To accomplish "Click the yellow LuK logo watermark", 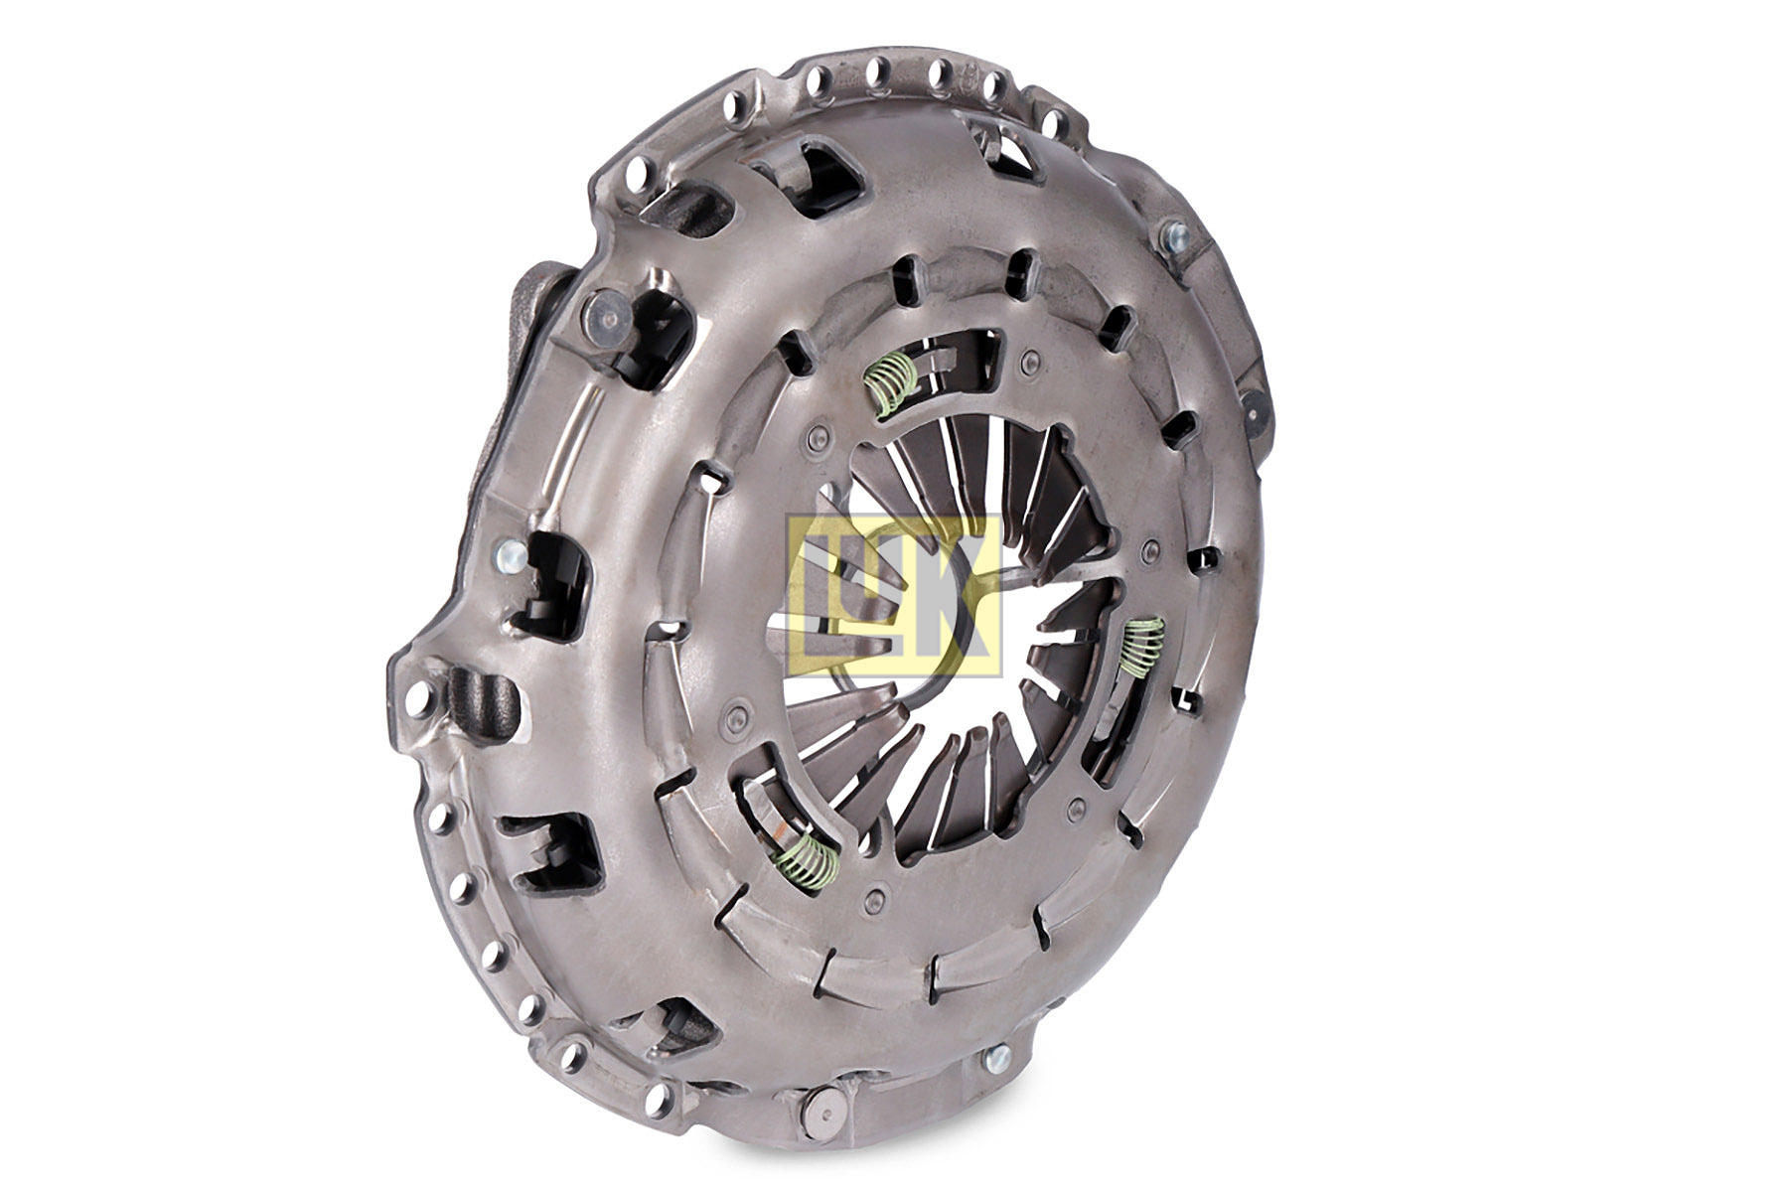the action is tap(894, 595).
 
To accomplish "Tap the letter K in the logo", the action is tap(960, 595).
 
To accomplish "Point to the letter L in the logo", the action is tap(819, 595).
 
